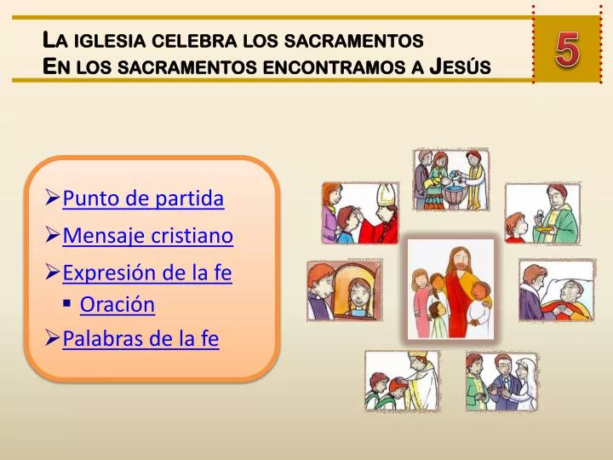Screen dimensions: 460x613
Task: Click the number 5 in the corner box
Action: click(x=568, y=50)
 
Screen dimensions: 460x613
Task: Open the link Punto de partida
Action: click(x=143, y=199)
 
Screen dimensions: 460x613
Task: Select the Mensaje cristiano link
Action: click(x=148, y=236)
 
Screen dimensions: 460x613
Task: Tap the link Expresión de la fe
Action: click(x=147, y=273)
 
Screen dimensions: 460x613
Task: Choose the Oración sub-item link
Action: click(x=117, y=304)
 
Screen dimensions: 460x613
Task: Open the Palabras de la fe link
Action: click(x=140, y=339)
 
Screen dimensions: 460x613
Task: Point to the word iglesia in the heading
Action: click(x=111, y=40)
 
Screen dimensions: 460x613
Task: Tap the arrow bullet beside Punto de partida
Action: click(x=52, y=200)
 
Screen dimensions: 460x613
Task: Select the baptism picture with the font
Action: click(x=450, y=179)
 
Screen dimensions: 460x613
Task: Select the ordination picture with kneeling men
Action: click(x=401, y=382)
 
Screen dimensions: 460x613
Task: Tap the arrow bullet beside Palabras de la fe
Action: click(x=52, y=340)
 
